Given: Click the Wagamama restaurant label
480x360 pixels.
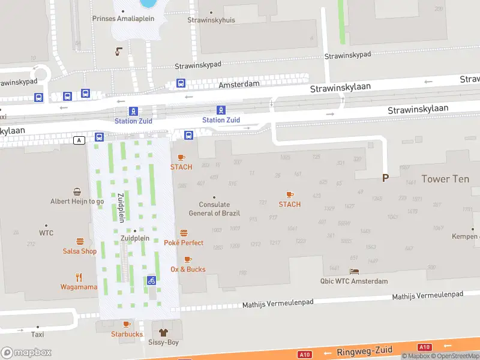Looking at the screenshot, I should coord(78,287).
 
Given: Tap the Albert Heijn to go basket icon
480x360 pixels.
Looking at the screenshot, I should coord(77,192).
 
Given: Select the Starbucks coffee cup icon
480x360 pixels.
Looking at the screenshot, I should coord(127,325).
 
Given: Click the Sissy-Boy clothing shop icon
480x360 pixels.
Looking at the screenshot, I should coord(162,332).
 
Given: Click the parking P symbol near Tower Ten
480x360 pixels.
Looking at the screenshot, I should coord(386,178).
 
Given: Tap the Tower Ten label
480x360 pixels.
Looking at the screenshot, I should coord(445,179).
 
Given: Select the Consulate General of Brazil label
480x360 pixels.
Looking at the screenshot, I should coord(214,209).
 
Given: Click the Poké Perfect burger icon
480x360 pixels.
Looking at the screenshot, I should coord(184,233).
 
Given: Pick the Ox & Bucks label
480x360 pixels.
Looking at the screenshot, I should coord(188,269).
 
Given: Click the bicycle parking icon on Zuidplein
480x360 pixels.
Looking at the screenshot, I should coord(152,280).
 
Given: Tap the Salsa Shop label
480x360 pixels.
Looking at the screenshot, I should coord(80,251).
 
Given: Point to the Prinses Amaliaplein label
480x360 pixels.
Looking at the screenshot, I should coord(123,19).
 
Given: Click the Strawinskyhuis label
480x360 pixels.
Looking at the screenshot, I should coord(211,20).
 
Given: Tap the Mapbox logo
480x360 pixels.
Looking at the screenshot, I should coord(26,352).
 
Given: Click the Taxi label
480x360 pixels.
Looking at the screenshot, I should coord(38,334).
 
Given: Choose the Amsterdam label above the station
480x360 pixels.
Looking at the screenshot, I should coord(239,85).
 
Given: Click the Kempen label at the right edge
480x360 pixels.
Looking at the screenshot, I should coord(465,236).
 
